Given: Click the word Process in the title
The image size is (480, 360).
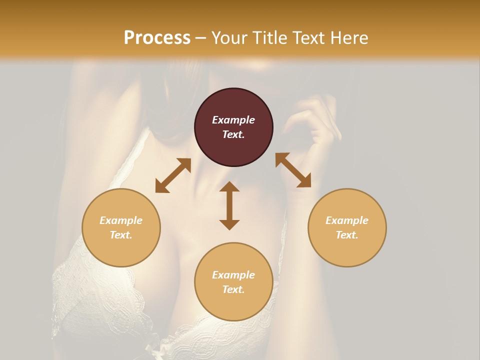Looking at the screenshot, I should click(x=157, y=38).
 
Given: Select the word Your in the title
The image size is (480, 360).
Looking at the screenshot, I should click(x=228, y=38).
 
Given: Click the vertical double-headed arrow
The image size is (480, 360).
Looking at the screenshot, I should click(x=229, y=205).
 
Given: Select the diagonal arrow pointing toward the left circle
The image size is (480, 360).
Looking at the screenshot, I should click(x=173, y=175).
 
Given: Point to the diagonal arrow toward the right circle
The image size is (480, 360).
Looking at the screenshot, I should click(x=293, y=170).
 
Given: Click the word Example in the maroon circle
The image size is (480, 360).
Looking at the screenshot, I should click(x=233, y=120).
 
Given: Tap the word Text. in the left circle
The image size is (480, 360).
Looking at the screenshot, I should click(x=121, y=235).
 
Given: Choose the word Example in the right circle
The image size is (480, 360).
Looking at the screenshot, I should click(x=347, y=220).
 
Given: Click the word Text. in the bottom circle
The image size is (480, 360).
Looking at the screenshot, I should click(x=233, y=289).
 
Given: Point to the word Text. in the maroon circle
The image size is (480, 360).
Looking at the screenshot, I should click(x=233, y=134).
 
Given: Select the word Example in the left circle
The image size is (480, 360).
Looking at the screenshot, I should click(x=121, y=220).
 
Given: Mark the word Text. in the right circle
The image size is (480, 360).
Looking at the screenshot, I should click(x=347, y=235).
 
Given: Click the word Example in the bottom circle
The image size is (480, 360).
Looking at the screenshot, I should click(x=233, y=275).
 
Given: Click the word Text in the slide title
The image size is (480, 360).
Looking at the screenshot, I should click(x=306, y=38).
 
